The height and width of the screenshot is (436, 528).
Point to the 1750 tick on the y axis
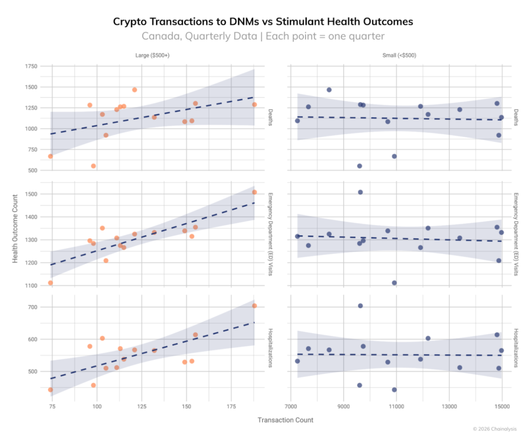[x=31, y=66]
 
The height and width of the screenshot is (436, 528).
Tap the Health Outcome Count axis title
[x=15, y=229]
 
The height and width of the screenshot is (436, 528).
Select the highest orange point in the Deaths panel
[x=135, y=90]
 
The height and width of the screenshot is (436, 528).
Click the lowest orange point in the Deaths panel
[x=93, y=166]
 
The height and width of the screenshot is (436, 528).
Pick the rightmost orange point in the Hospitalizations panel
[x=254, y=305]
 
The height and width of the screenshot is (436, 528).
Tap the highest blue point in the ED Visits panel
[x=360, y=192]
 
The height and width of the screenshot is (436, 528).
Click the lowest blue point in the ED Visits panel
[x=394, y=283]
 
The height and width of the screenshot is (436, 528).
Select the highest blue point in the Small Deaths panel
[x=329, y=90]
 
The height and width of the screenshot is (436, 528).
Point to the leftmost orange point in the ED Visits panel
[x=51, y=283]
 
